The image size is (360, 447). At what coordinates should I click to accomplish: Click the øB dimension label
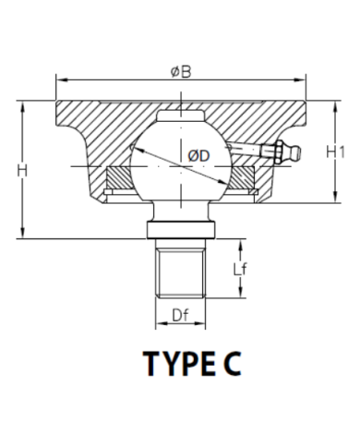point(181,72)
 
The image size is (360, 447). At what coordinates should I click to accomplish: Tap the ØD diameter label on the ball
point(198,156)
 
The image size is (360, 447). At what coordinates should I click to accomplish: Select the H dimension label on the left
point(22,171)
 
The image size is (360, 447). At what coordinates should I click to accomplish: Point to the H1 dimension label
point(335,152)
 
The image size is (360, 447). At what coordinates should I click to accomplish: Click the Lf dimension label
point(240,270)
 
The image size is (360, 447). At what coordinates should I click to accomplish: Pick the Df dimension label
point(180,315)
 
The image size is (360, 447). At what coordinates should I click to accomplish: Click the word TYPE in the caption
point(179,364)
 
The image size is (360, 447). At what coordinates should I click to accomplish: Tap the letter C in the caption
point(232,364)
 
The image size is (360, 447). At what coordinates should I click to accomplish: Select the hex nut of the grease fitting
point(280,151)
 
